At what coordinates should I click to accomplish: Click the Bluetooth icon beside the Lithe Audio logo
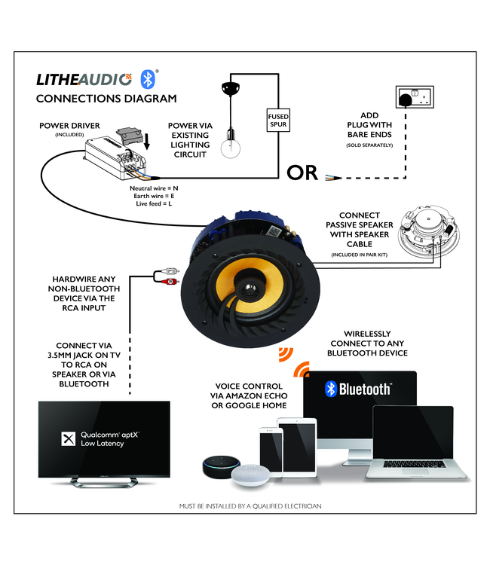pyautogui.click(x=149, y=78)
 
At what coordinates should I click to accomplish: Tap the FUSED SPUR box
pyautogui.click(x=277, y=120)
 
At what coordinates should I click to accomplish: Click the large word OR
pyautogui.click(x=302, y=173)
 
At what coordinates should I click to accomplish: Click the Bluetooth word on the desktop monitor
pyautogui.click(x=365, y=389)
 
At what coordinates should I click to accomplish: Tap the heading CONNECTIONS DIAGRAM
pyautogui.click(x=106, y=98)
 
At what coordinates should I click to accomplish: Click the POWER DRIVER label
pyautogui.click(x=69, y=125)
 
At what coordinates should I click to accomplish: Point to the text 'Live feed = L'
pyautogui.click(x=154, y=203)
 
